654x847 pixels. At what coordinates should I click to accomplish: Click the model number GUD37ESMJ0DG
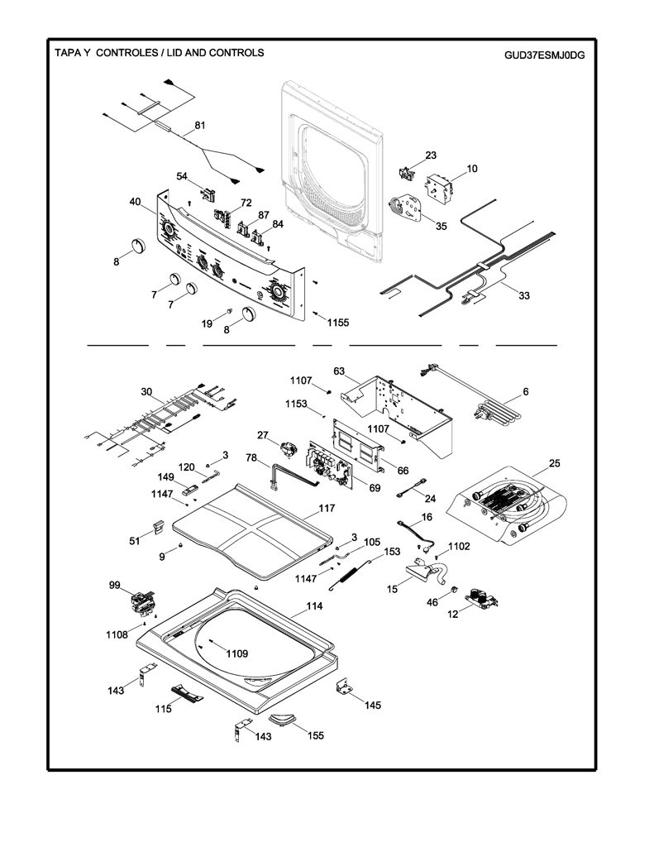[x=544, y=55]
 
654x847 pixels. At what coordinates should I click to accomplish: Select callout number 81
[x=200, y=126]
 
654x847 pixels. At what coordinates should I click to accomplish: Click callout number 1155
[x=338, y=323]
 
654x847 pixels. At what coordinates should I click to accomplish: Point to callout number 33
[x=524, y=295]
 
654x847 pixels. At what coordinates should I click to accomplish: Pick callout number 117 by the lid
[x=327, y=509]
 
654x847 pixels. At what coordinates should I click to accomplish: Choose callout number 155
[x=316, y=735]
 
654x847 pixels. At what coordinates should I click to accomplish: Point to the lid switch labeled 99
[x=142, y=602]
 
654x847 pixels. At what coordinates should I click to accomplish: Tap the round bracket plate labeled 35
[x=405, y=208]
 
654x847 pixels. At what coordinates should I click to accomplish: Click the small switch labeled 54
[x=208, y=194]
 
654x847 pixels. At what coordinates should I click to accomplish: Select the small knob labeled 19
[x=229, y=311]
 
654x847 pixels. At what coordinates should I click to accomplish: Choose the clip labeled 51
[x=158, y=526]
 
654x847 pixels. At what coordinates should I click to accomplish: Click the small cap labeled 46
[x=454, y=588]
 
